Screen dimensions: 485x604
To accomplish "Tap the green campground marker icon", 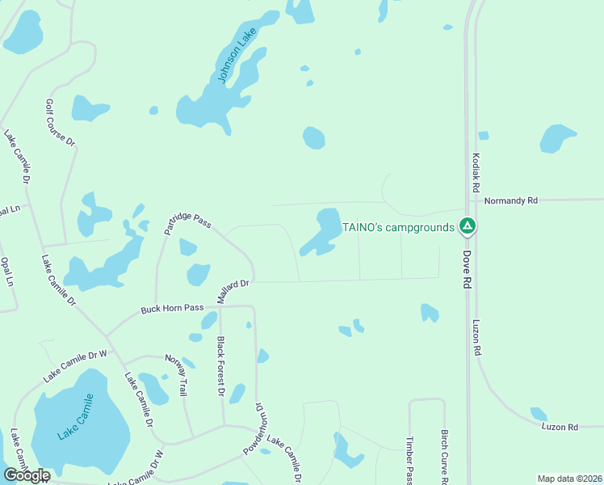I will coord(467,227).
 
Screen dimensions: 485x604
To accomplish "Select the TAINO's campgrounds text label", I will coord(398,227).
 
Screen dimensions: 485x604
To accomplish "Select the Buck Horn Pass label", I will coord(172,309).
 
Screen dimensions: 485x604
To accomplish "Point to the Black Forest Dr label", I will coord(220,366).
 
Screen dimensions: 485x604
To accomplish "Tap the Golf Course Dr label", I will coord(60,123).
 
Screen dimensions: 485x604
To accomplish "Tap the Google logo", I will coord(26,475).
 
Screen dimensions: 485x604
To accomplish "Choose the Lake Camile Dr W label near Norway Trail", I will coord(75,365).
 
